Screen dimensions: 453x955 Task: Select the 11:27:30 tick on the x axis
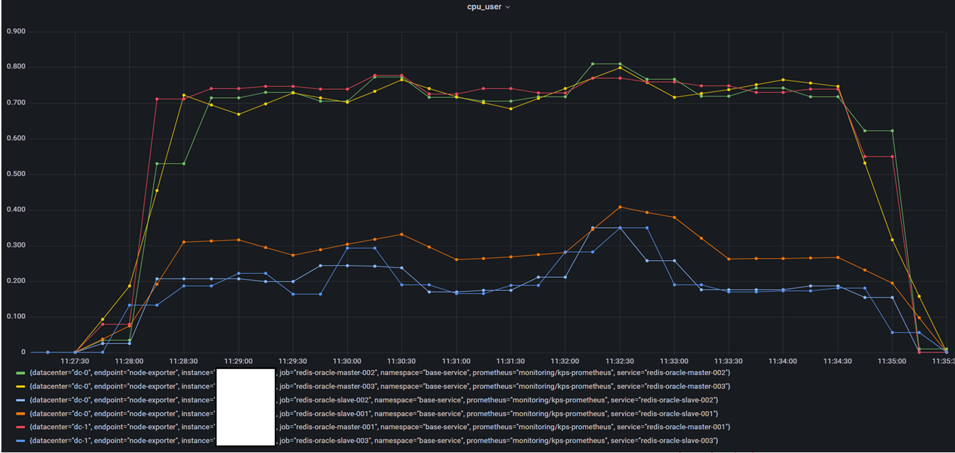pyautogui.click(x=75, y=361)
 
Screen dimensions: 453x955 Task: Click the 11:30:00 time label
pyautogui.click(x=347, y=361)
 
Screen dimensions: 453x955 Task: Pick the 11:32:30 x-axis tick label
pyautogui.click(x=619, y=361)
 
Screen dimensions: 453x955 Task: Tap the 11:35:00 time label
pyautogui.click(x=891, y=361)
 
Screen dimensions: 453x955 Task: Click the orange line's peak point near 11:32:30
pyautogui.click(x=620, y=207)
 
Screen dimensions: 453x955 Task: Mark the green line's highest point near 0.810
pyautogui.click(x=593, y=64)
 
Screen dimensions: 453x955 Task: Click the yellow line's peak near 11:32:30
pyautogui.click(x=620, y=68)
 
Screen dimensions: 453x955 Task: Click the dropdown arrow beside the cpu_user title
pyautogui.click(x=508, y=7)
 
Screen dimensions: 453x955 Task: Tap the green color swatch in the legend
pyautogui.click(x=21, y=373)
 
